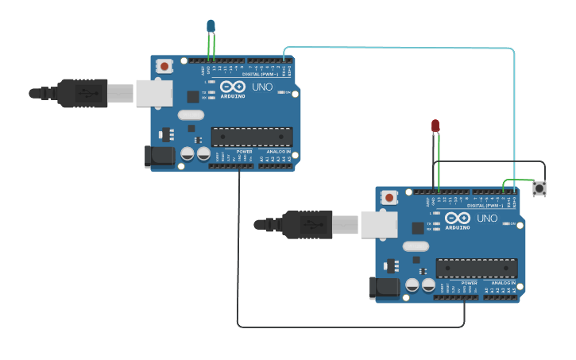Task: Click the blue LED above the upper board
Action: pos(211,26)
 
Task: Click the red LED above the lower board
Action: pos(435,126)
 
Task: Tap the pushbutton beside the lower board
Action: pos(539,189)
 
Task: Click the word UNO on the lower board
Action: pos(487,218)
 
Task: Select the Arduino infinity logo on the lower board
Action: pos(458,218)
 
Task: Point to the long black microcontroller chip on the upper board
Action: pos(251,137)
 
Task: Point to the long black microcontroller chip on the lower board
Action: pos(476,268)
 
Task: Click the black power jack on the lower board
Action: pos(385,288)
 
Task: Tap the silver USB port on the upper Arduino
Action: pos(153,93)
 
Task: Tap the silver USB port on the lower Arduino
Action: pos(379,224)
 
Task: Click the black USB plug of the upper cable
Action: pos(82,93)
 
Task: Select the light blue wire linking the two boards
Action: pos(397,48)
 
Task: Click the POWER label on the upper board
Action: pos(244,151)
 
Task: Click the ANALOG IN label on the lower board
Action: pos(503,282)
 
